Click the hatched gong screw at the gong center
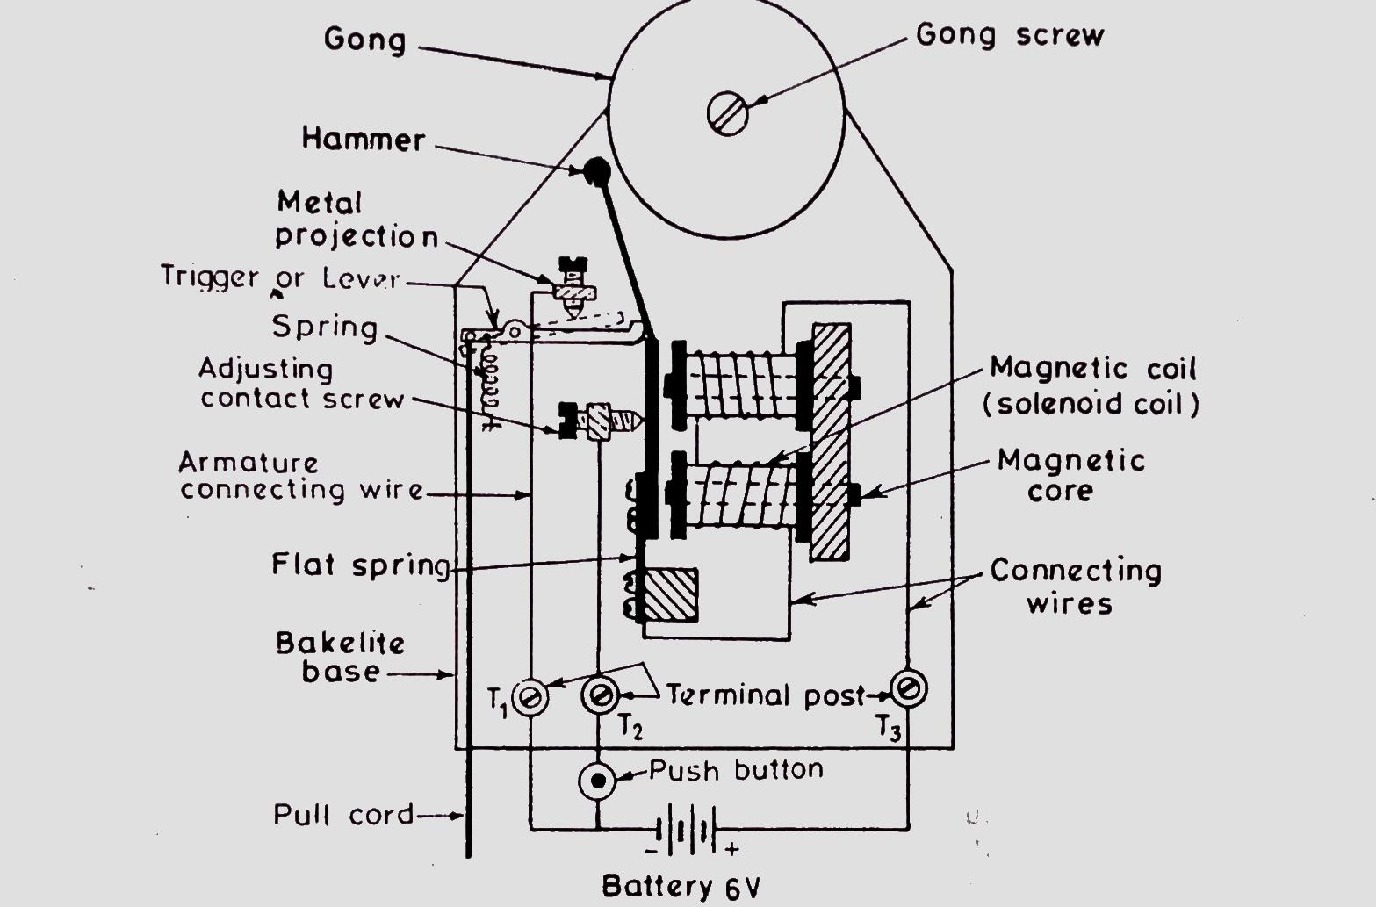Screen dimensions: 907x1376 point(727,113)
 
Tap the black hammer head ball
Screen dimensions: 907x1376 point(598,169)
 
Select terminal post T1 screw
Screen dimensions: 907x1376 point(530,698)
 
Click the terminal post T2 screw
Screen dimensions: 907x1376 point(600,696)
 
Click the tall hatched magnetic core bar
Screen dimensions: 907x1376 point(830,443)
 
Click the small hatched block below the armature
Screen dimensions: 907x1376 point(669,595)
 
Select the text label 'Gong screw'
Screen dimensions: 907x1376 point(1009,35)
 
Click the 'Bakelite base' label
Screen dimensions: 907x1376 point(341,657)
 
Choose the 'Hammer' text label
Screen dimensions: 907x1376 point(364,139)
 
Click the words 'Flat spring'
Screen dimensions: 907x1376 point(360,564)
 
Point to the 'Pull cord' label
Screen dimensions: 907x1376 point(343,814)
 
